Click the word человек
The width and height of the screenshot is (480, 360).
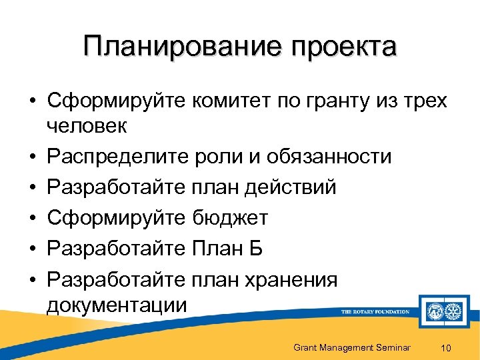[90, 126]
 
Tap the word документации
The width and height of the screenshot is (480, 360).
[117, 305]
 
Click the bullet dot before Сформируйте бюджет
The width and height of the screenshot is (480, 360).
[33, 219]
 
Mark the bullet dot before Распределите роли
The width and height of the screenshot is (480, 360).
[33, 157]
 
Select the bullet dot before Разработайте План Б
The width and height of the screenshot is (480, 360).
[33, 249]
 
